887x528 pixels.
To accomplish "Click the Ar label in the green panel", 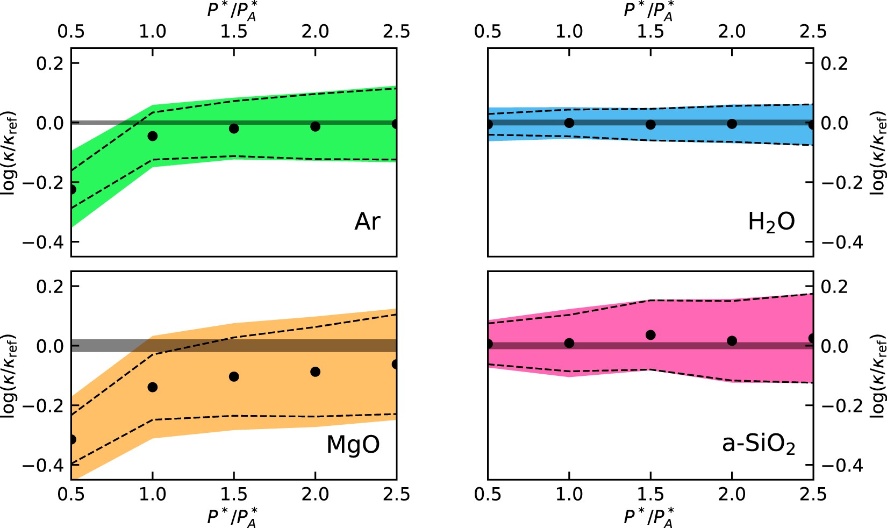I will point(367,222).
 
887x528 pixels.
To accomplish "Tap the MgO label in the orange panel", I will point(353,445).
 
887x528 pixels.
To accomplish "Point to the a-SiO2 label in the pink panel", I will point(758,445).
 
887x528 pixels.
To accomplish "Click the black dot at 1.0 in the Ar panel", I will point(153,136).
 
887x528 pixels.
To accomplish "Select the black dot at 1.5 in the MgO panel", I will point(234,376).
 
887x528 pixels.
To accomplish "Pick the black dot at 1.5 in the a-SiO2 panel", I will point(650,335).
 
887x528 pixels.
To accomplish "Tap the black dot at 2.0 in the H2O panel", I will point(732,124).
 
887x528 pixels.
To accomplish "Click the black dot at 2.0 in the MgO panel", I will point(316,372).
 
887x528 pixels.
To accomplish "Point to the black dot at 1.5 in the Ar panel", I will point(234,129).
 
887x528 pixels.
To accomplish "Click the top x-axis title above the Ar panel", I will point(232,11).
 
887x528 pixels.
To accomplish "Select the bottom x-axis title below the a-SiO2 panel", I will point(649,517).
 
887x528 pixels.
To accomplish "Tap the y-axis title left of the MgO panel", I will point(10,375).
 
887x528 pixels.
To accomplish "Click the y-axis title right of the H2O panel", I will point(877,152).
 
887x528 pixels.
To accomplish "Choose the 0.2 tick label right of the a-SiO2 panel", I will point(834,287).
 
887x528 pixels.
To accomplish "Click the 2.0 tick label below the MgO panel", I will point(315,495).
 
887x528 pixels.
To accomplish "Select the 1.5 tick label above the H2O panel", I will point(650,31).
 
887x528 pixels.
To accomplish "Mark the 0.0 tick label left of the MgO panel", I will point(49,346).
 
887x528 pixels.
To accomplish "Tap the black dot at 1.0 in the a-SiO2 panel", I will point(569,343).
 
